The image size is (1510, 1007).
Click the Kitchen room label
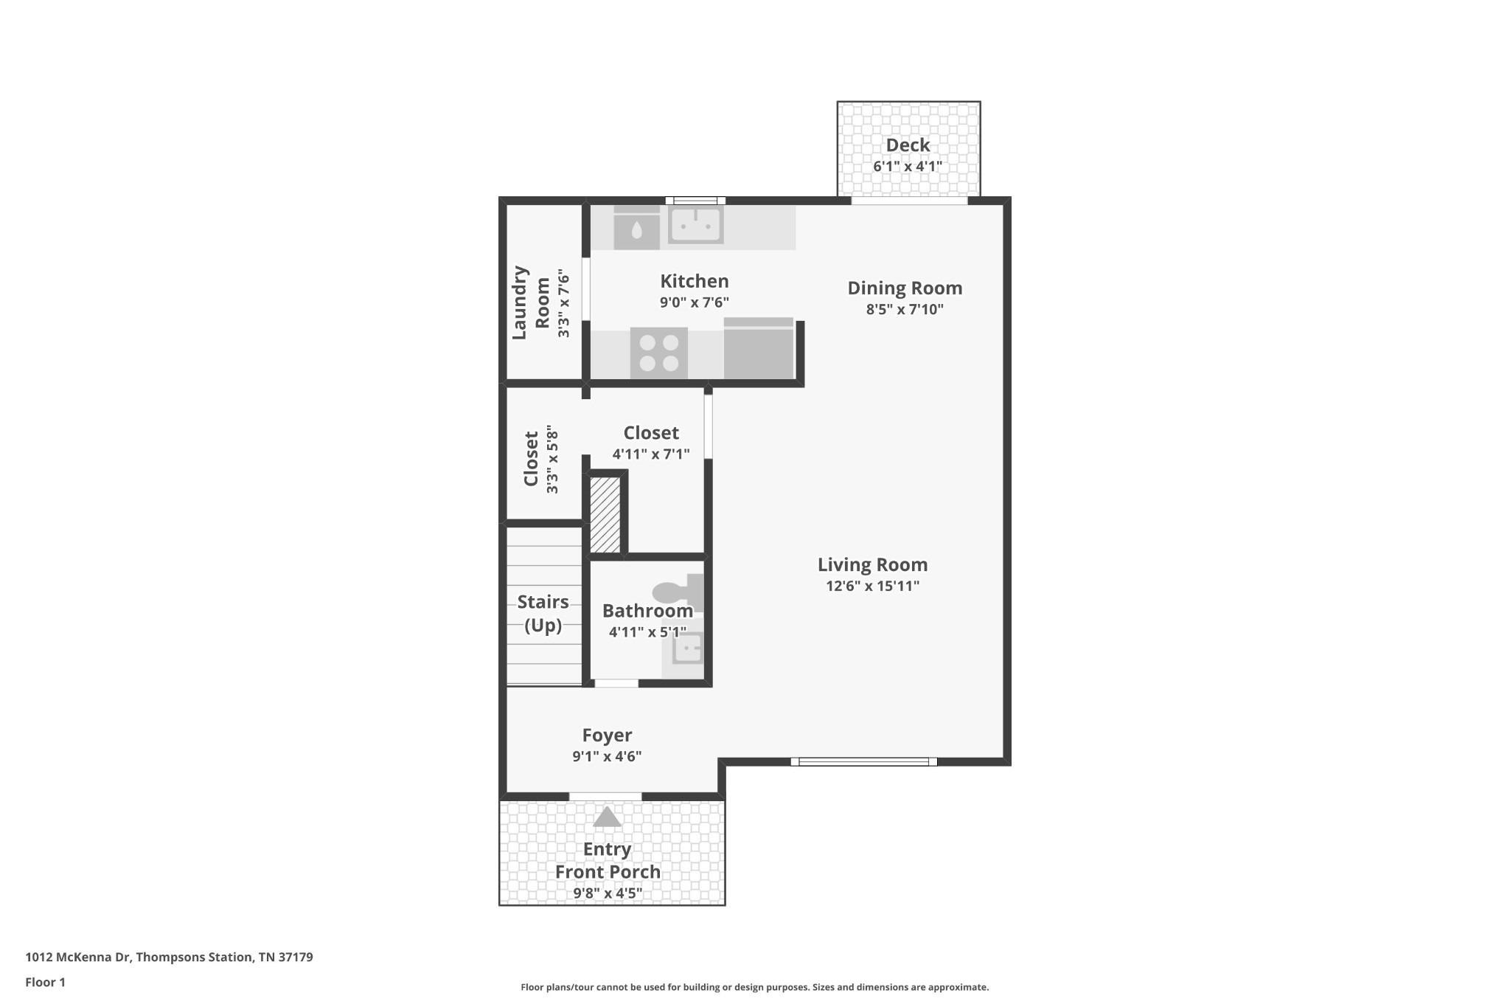pyautogui.click(x=694, y=281)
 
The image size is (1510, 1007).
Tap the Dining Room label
pyautogui.click(x=905, y=288)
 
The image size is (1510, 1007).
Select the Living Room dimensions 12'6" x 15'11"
pyautogui.click(x=872, y=586)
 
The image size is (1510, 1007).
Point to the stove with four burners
pyautogui.click(x=659, y=353)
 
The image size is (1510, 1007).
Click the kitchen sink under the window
pyautogui.click(x=695, y=224)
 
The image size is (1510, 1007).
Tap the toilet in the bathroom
pyautogui.click(x=678, y=592)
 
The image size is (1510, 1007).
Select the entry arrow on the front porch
pyautogui.click(x=607, y=817)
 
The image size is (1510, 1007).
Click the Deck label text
pyautogui.click(x=908, y=145)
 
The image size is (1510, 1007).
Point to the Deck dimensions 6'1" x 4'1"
pyautogui.click(x=908, y=167)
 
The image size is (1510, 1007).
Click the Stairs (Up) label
pyautogui.click(x=543, y=614)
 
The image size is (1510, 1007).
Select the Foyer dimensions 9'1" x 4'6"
pyautogui.click(x=607, y=757)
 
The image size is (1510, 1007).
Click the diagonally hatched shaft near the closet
pyautogui.click(x=605, y=514)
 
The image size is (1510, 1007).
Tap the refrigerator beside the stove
pyautogui.click(x=758, y=348)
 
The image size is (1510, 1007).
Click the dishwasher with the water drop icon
pyautogui.click(x=637, y=227)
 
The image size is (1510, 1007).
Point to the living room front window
pyautogui.click(x=864, y=762)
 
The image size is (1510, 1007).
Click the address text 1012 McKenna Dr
pyautogui.click(x=77, y=958)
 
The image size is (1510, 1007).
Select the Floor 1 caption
pyautogui.click(x=45, y=983)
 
